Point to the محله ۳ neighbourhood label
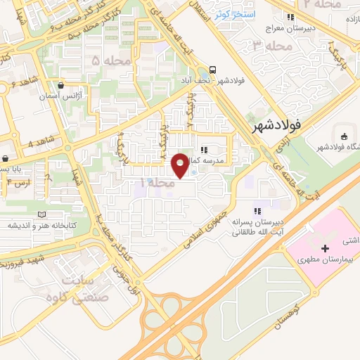click(x=267, y=46)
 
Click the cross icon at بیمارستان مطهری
click(x=324, y=248)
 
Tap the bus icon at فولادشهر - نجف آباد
click(x=212, y=71)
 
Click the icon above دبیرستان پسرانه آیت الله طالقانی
click(x=257, y=210)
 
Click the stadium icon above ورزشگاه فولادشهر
click(x=344, y=136)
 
